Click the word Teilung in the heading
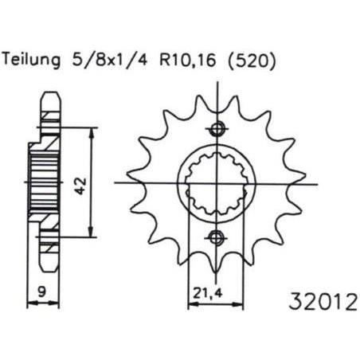31,61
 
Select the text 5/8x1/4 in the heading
109,60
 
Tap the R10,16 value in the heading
187,61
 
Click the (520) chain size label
251,61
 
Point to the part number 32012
323,302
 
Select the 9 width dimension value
42,292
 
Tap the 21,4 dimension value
207,293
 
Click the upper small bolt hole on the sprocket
217,129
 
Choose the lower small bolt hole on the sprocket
216,237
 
